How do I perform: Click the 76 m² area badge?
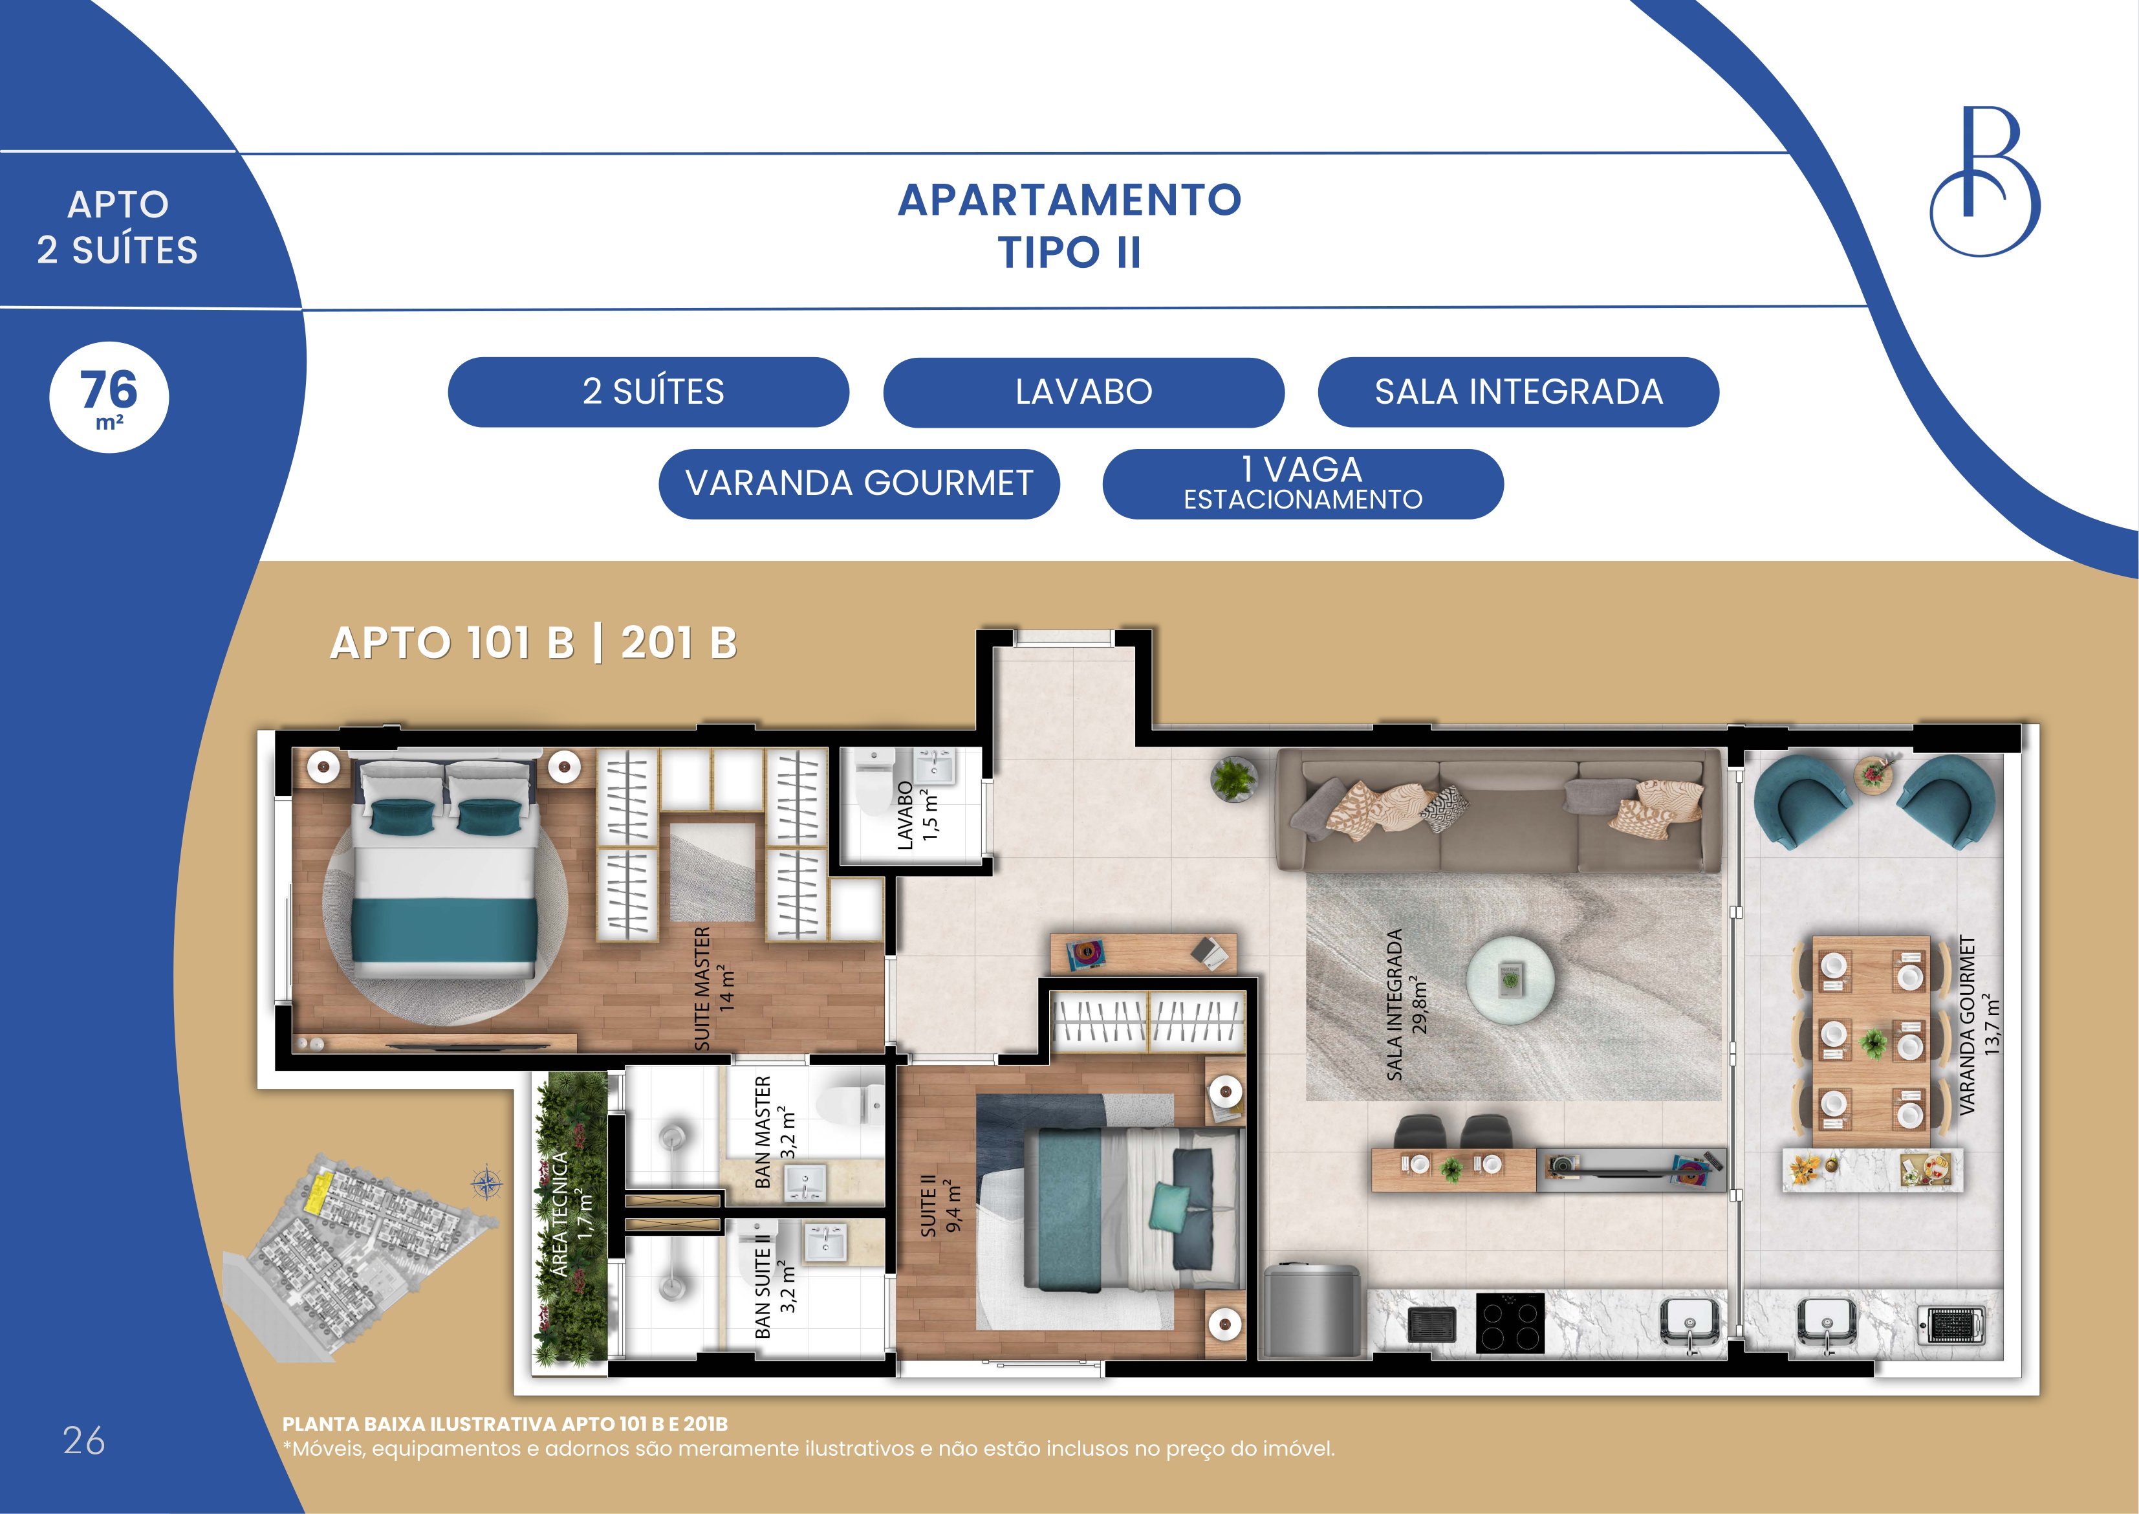pos(109,397)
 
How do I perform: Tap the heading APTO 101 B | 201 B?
pos(534,643)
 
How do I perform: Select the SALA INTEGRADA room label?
pos(1406,1004)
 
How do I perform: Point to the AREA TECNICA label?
pos(570,1214)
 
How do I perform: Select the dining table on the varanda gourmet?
pos(1871,1041)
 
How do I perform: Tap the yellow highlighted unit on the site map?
pos(319,1192)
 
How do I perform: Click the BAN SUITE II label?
pos(776,1280)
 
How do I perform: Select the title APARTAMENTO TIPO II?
pos(1069,226)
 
